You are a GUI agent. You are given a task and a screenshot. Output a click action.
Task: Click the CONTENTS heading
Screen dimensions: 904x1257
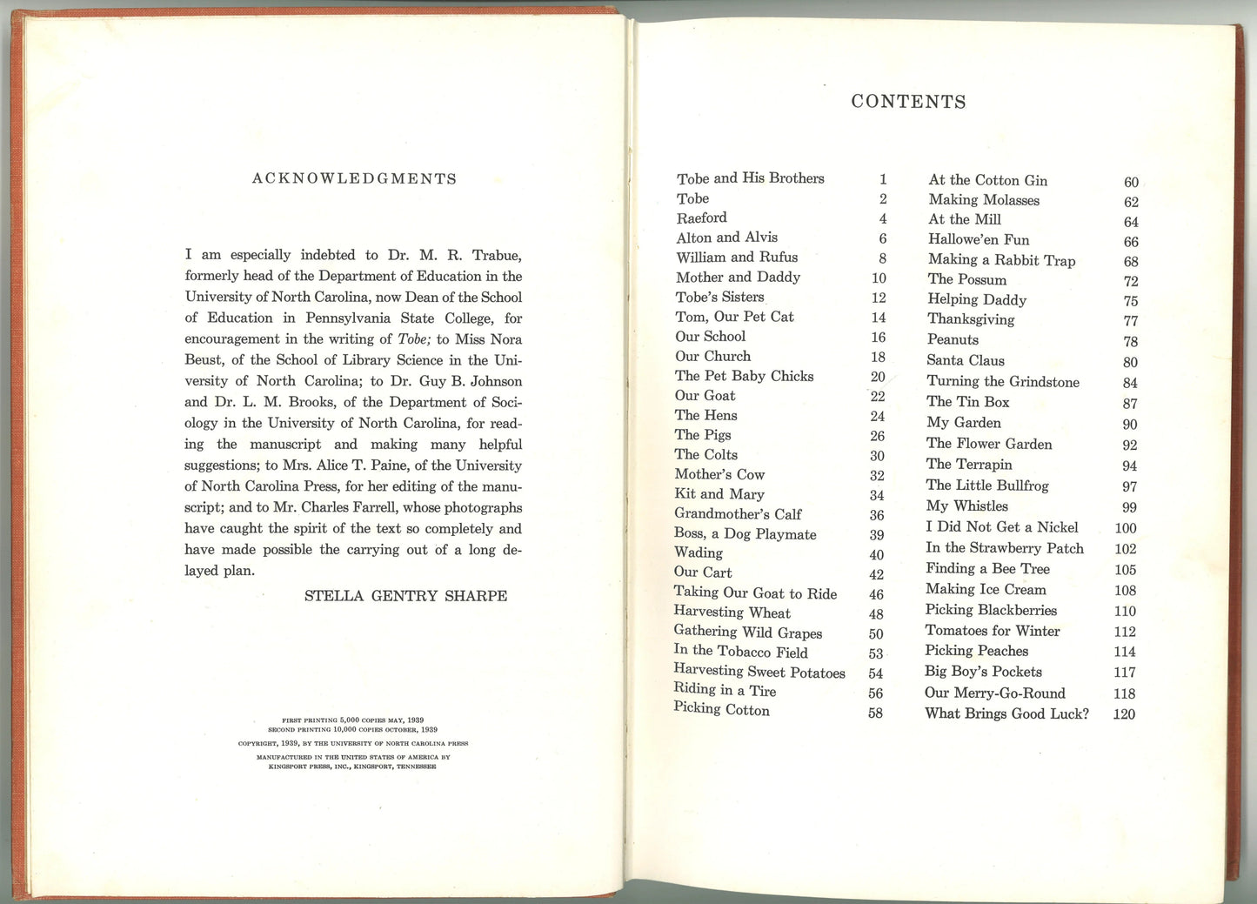(908, 102)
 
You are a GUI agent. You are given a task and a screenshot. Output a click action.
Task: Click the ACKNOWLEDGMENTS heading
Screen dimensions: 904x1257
(354, 178)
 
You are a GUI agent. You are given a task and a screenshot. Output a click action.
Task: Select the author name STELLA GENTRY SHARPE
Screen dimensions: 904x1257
(405, 596)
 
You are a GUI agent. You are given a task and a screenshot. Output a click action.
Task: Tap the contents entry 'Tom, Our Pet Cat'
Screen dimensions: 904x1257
(734, 317)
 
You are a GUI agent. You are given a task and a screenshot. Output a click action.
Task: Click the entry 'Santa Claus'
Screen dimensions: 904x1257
(965, 360)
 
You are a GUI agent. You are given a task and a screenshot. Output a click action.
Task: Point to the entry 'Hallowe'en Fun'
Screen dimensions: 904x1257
(978, 239)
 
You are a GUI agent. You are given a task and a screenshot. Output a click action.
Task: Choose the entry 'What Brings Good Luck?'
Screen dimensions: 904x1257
(1006, 713)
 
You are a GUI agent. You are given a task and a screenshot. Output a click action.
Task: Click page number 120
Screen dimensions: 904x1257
(1124, 714)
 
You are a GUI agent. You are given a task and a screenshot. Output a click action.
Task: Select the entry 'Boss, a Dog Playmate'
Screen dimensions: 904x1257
(745, 534)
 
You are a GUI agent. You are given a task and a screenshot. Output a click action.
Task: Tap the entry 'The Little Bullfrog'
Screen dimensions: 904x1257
(986, 485)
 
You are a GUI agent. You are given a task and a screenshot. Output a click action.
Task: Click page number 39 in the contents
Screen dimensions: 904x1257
(877, 535)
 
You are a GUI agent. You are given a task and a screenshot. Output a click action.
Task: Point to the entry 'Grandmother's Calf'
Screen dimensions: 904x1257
(738, 514)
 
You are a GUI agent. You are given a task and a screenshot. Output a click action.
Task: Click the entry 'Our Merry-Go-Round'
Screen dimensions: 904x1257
(994, 693)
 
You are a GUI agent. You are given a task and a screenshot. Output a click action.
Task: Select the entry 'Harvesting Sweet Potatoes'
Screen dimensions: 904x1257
(759, 672)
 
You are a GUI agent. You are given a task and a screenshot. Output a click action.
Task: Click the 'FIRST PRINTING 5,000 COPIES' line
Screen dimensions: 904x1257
(352, 720)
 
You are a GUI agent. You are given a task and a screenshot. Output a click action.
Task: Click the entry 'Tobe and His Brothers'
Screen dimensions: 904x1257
(750, 178)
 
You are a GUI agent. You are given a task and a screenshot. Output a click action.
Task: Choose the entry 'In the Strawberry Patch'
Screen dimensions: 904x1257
(1004, 548)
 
